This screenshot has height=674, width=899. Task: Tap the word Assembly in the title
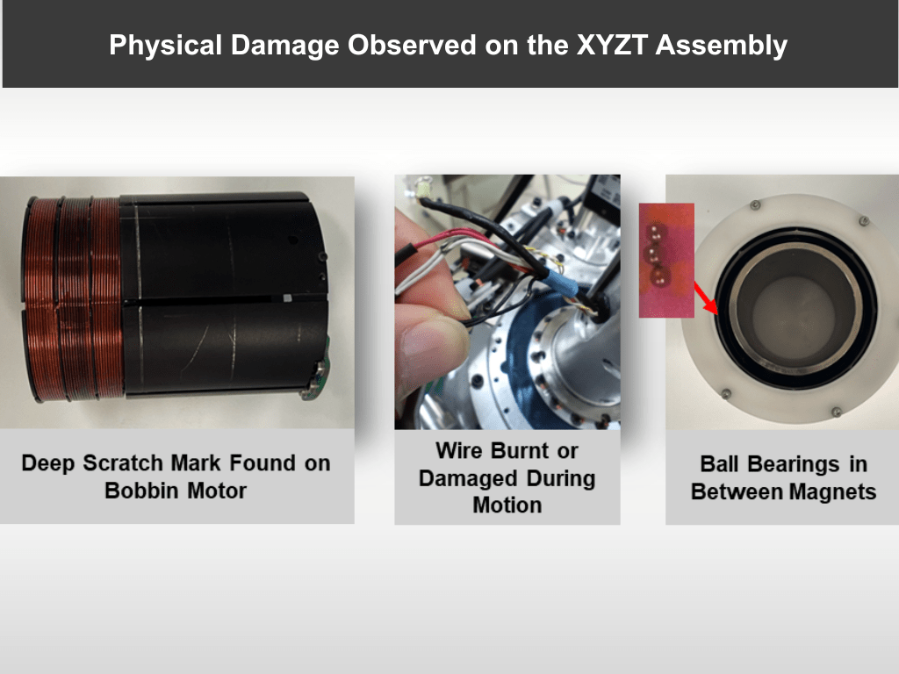tap(722, 46)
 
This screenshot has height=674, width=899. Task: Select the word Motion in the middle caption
tap(507, 505)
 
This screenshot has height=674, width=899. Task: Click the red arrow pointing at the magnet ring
tap(706, 298)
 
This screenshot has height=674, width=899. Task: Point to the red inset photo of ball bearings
tap(667, 260)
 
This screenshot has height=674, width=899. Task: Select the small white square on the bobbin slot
tap(288, 298)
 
